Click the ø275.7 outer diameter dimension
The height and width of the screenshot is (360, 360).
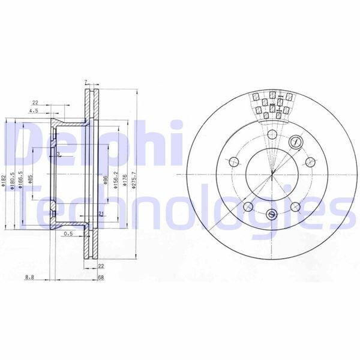tap(135, 179)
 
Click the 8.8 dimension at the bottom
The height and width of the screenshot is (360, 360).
tap(29, 277)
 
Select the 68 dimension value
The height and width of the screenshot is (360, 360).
tap(101, 277)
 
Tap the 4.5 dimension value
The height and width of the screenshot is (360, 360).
tap(35, 110)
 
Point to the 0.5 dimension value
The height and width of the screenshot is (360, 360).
tap(68, 234)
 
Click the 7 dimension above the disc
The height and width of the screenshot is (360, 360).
tap(86, 82)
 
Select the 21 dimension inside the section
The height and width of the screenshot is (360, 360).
tap(100, 214)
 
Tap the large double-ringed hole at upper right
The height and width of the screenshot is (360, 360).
tap(295, 142)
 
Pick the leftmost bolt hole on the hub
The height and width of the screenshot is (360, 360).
tap(234, 161)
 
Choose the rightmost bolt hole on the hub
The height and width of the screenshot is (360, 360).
tap(311, 161)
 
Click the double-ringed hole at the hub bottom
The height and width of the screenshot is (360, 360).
tap(272, 214)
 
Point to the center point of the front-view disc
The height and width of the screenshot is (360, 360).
tap(272, 174)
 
